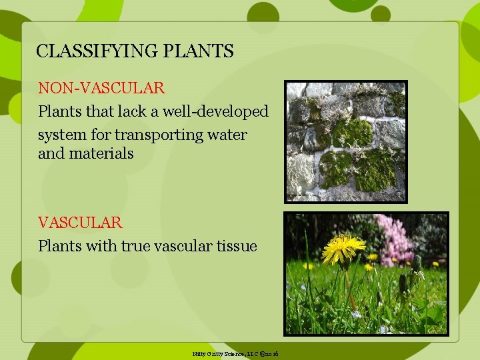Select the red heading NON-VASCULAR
101,88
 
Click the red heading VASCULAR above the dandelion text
80,222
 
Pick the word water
227,135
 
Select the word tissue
237,246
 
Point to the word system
61,135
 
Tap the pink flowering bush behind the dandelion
394,237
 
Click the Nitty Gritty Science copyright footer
235,353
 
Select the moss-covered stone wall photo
345,141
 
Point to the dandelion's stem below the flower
348,287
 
